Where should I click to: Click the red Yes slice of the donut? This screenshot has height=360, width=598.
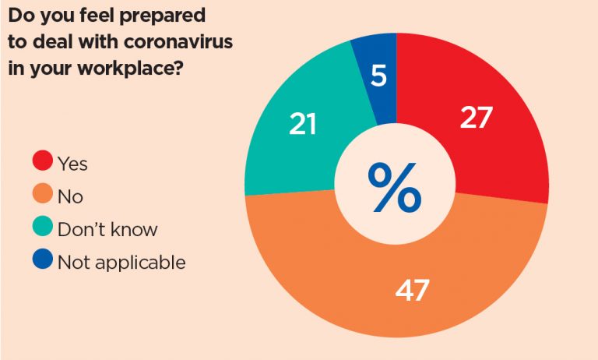point(498,148)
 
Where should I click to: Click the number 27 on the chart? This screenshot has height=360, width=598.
point(476,118)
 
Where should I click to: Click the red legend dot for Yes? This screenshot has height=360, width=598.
point(43,163)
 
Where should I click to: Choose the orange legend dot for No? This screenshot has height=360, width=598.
point(43,196)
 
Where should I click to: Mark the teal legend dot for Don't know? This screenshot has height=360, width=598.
point(43,228)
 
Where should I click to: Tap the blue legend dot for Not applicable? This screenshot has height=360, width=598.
point(43,261)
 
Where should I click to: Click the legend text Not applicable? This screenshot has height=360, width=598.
point(121,262)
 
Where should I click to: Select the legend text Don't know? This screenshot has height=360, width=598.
point(107,229)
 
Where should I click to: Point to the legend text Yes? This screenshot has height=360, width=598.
point(73,164)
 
